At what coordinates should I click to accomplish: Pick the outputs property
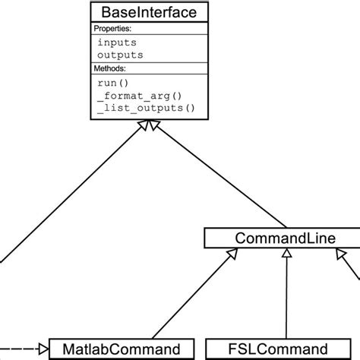[x=119, y=55]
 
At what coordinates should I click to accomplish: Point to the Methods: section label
[x=110, y=68]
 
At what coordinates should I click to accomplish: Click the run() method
[x=112, y=82]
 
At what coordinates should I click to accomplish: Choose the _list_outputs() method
[x=145, y=108]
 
